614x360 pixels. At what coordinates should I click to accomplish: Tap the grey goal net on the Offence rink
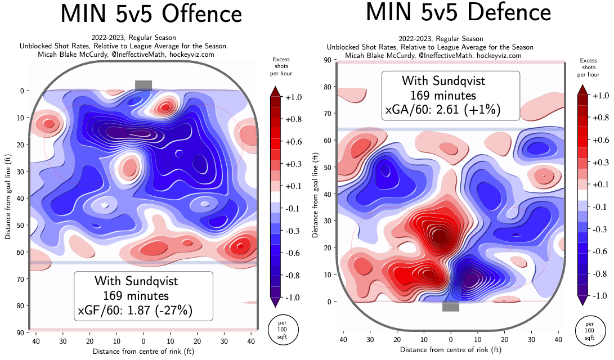144,85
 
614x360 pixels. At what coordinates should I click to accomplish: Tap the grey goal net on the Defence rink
451,307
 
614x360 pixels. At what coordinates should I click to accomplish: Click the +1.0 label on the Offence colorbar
294,97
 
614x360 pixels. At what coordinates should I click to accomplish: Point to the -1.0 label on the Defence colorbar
600,296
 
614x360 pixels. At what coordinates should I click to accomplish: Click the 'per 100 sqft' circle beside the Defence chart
589,331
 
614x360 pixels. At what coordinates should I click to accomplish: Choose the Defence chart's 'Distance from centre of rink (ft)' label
450,350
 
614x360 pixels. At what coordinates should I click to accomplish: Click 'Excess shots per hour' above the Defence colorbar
589,67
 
